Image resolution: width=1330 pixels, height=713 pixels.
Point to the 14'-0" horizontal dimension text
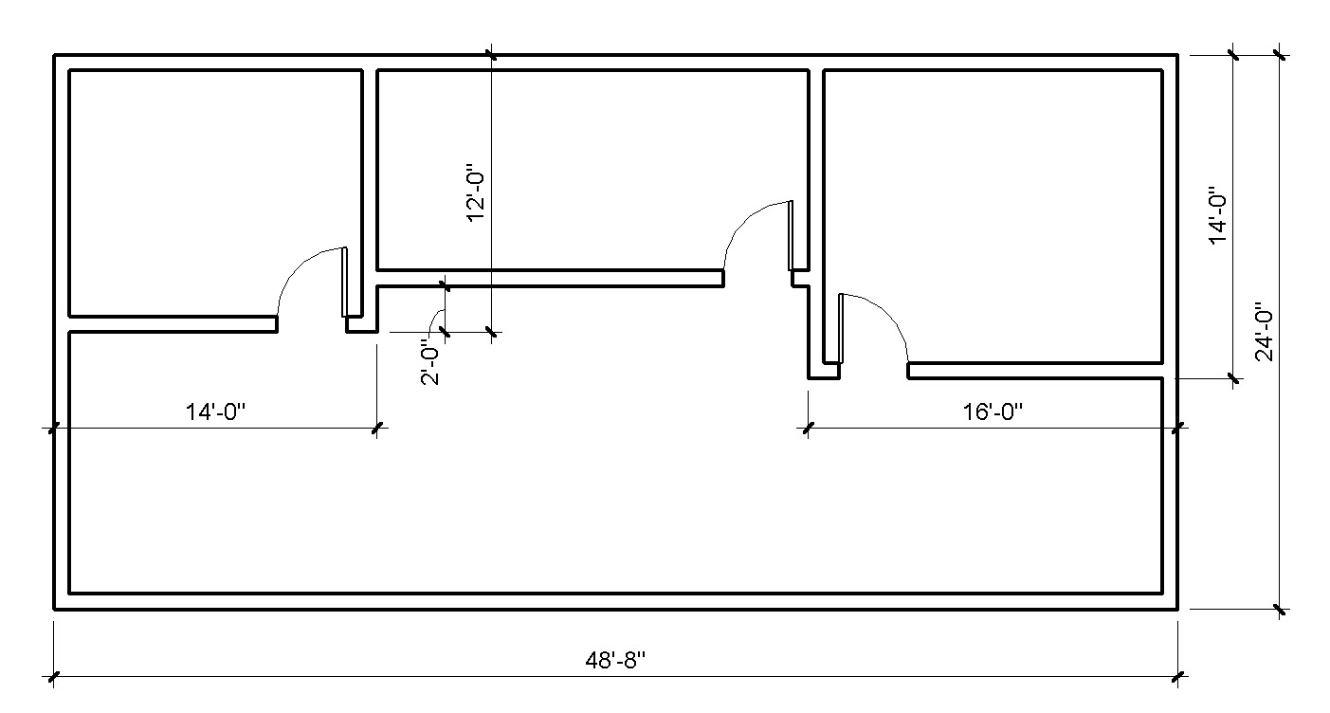[x=215, y=412]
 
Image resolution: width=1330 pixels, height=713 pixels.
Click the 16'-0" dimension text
[x=993, y=412]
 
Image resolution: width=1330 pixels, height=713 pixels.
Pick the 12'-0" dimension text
[x=476, y=195]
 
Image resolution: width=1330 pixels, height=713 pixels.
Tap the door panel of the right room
[x=840, y=328]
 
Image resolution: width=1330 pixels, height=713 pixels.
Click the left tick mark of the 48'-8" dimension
[x=54, y=677]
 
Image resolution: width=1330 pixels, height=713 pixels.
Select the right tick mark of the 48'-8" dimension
[x=1178, y=677]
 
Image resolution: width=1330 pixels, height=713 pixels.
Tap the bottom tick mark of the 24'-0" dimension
[x=1280, y=609]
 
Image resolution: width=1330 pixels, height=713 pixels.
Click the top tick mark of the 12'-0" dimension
[x=491, y=55]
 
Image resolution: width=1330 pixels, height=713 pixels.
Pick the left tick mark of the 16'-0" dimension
[x=808, y=429]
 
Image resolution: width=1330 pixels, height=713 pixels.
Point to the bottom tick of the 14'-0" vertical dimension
[x=1233, y=379]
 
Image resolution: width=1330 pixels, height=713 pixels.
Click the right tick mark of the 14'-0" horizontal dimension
[x=378, y=429]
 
